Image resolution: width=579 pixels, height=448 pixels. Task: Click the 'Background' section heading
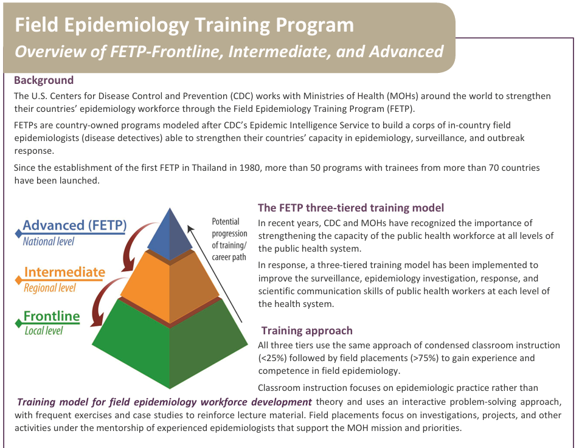tap(44, 80)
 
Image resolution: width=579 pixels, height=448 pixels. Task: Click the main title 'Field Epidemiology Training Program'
tap(184, 25)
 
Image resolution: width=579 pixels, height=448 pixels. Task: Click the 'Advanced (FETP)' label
tap(75, 225)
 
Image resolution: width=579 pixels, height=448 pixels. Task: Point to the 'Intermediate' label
tap(64, 272)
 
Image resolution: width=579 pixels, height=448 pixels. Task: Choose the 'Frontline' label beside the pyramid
tap(52, 316)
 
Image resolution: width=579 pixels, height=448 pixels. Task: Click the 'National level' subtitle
tap(49, 241)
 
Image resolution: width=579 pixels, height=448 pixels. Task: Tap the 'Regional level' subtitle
tap(50, 288)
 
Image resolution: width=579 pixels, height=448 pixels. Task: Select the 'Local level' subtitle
tap(44, 331)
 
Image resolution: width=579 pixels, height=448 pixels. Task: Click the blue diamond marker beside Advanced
tap(18, 233)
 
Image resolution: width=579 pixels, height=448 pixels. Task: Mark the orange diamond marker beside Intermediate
tap(18, 280)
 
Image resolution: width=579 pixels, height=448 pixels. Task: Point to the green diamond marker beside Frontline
tap(18, 323)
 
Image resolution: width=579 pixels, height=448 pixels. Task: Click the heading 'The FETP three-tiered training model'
tap(351, 208)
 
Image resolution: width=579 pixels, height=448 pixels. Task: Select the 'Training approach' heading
tap(307, 330)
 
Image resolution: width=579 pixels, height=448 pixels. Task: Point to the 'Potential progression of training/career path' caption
tap(229, 239)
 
